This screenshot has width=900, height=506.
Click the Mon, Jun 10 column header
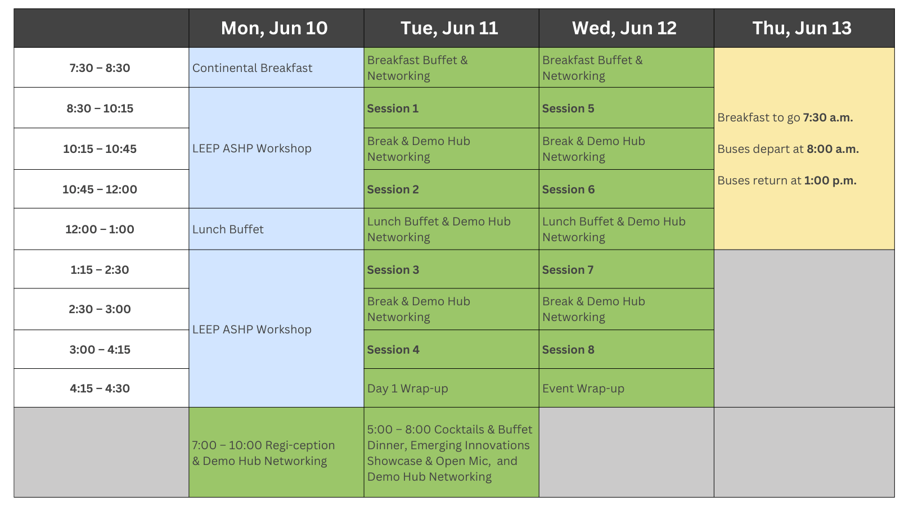coord(274,28)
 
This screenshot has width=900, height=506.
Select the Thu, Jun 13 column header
coord(802,28)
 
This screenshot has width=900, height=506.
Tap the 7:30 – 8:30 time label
coord(100,68)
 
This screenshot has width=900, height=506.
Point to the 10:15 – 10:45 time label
coord(100,149)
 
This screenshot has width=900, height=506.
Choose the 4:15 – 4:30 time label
coord(100,388)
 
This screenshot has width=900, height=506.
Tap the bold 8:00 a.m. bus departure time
coord(832,149)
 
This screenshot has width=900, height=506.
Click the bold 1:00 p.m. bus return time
coord(830,180)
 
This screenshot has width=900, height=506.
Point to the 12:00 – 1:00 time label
coord(100,229)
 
